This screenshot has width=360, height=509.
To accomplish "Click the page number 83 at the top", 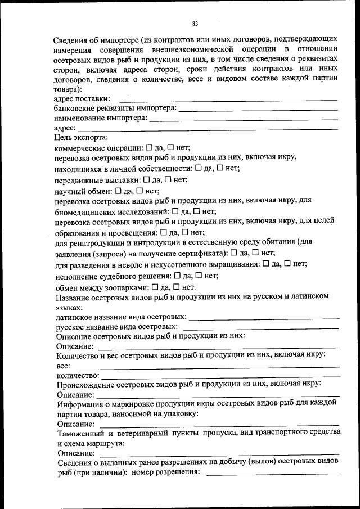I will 195,24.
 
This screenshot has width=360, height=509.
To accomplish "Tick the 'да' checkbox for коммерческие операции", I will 149,147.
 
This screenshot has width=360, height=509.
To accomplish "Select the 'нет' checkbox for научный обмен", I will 139,191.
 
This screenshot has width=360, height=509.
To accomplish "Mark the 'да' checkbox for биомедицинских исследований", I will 175,211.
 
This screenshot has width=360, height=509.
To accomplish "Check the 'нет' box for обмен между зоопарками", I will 175,286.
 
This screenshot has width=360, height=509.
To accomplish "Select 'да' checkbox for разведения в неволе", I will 266,263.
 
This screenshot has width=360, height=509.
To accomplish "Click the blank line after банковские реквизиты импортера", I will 258,109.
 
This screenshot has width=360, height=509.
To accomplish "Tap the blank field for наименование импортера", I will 244,119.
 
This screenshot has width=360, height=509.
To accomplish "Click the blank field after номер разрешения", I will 273,474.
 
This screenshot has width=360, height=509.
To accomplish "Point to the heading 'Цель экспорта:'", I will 81,137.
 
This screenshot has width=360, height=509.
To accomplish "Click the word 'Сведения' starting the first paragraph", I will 71,40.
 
